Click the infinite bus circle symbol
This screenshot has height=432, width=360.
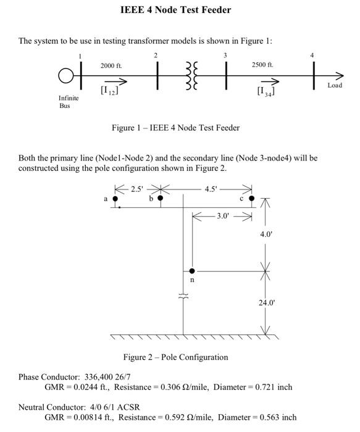66,76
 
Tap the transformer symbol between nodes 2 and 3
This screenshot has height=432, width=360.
191,76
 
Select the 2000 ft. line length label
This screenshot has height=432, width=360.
111,65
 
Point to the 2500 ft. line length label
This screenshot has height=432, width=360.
262,64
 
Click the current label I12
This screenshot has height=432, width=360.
109,91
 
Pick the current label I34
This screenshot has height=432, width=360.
266,91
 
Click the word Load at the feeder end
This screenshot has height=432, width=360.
335,85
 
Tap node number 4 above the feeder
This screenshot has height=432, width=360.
312,56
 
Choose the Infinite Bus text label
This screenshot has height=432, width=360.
69,102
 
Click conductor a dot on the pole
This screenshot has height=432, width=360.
115,199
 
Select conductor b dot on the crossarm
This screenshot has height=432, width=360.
161,198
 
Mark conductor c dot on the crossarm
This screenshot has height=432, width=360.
251,199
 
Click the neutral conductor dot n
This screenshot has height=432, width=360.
192,271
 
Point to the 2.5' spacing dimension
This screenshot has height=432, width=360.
137,188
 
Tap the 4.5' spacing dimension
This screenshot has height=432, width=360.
211,189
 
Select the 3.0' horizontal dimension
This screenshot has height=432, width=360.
222,216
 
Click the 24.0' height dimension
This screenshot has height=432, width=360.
266,303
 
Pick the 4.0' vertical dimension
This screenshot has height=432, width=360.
266,235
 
